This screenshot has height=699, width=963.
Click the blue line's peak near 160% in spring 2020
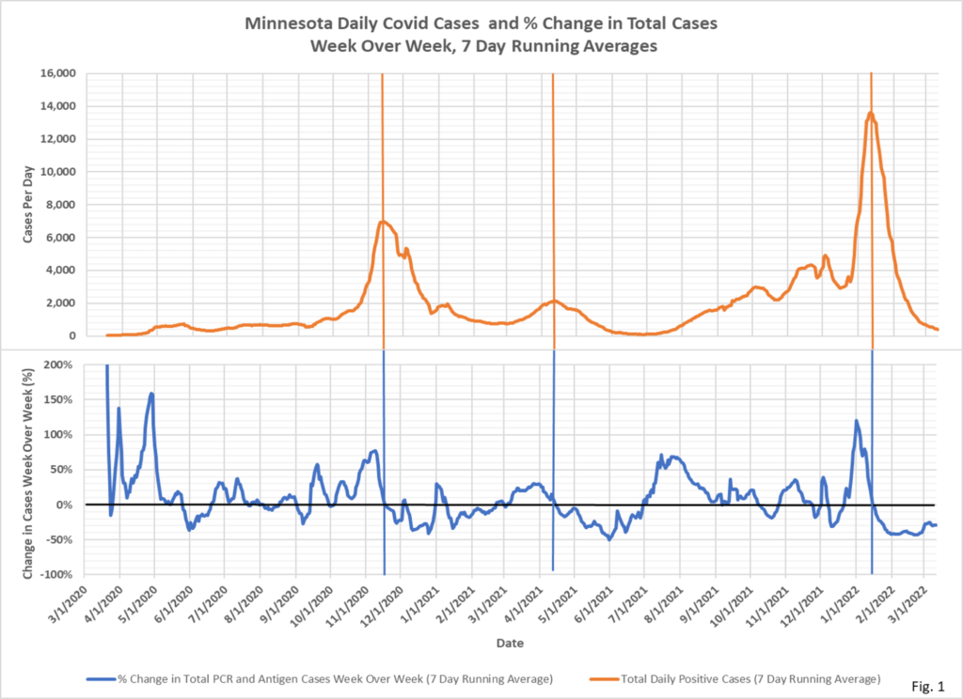[151, 394]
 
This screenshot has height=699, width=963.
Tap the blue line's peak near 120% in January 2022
[856, 421]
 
